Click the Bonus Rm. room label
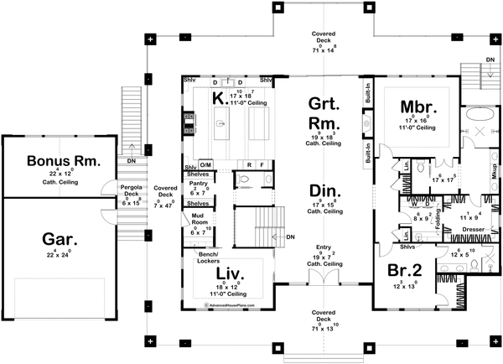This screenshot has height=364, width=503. point(64,160)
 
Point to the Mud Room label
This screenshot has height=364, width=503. point(198,219)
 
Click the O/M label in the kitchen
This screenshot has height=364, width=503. point(205,165)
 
